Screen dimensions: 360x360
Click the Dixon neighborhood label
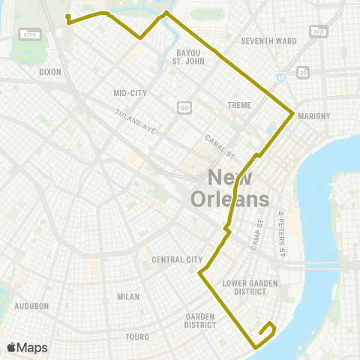(x=49, y=73)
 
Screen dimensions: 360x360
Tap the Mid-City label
(x=129, y=93)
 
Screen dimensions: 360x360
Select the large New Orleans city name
(x=229, y=188)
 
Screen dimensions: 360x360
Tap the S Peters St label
(x=282, y=226)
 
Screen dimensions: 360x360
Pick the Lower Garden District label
(x=245, y=287)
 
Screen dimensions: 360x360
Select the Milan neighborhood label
(x=128, y=296)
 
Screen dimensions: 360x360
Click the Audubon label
(x=31, y=306)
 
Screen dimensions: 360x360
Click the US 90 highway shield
(x=184, y=107)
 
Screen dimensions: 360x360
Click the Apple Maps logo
(x=27, y=346)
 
